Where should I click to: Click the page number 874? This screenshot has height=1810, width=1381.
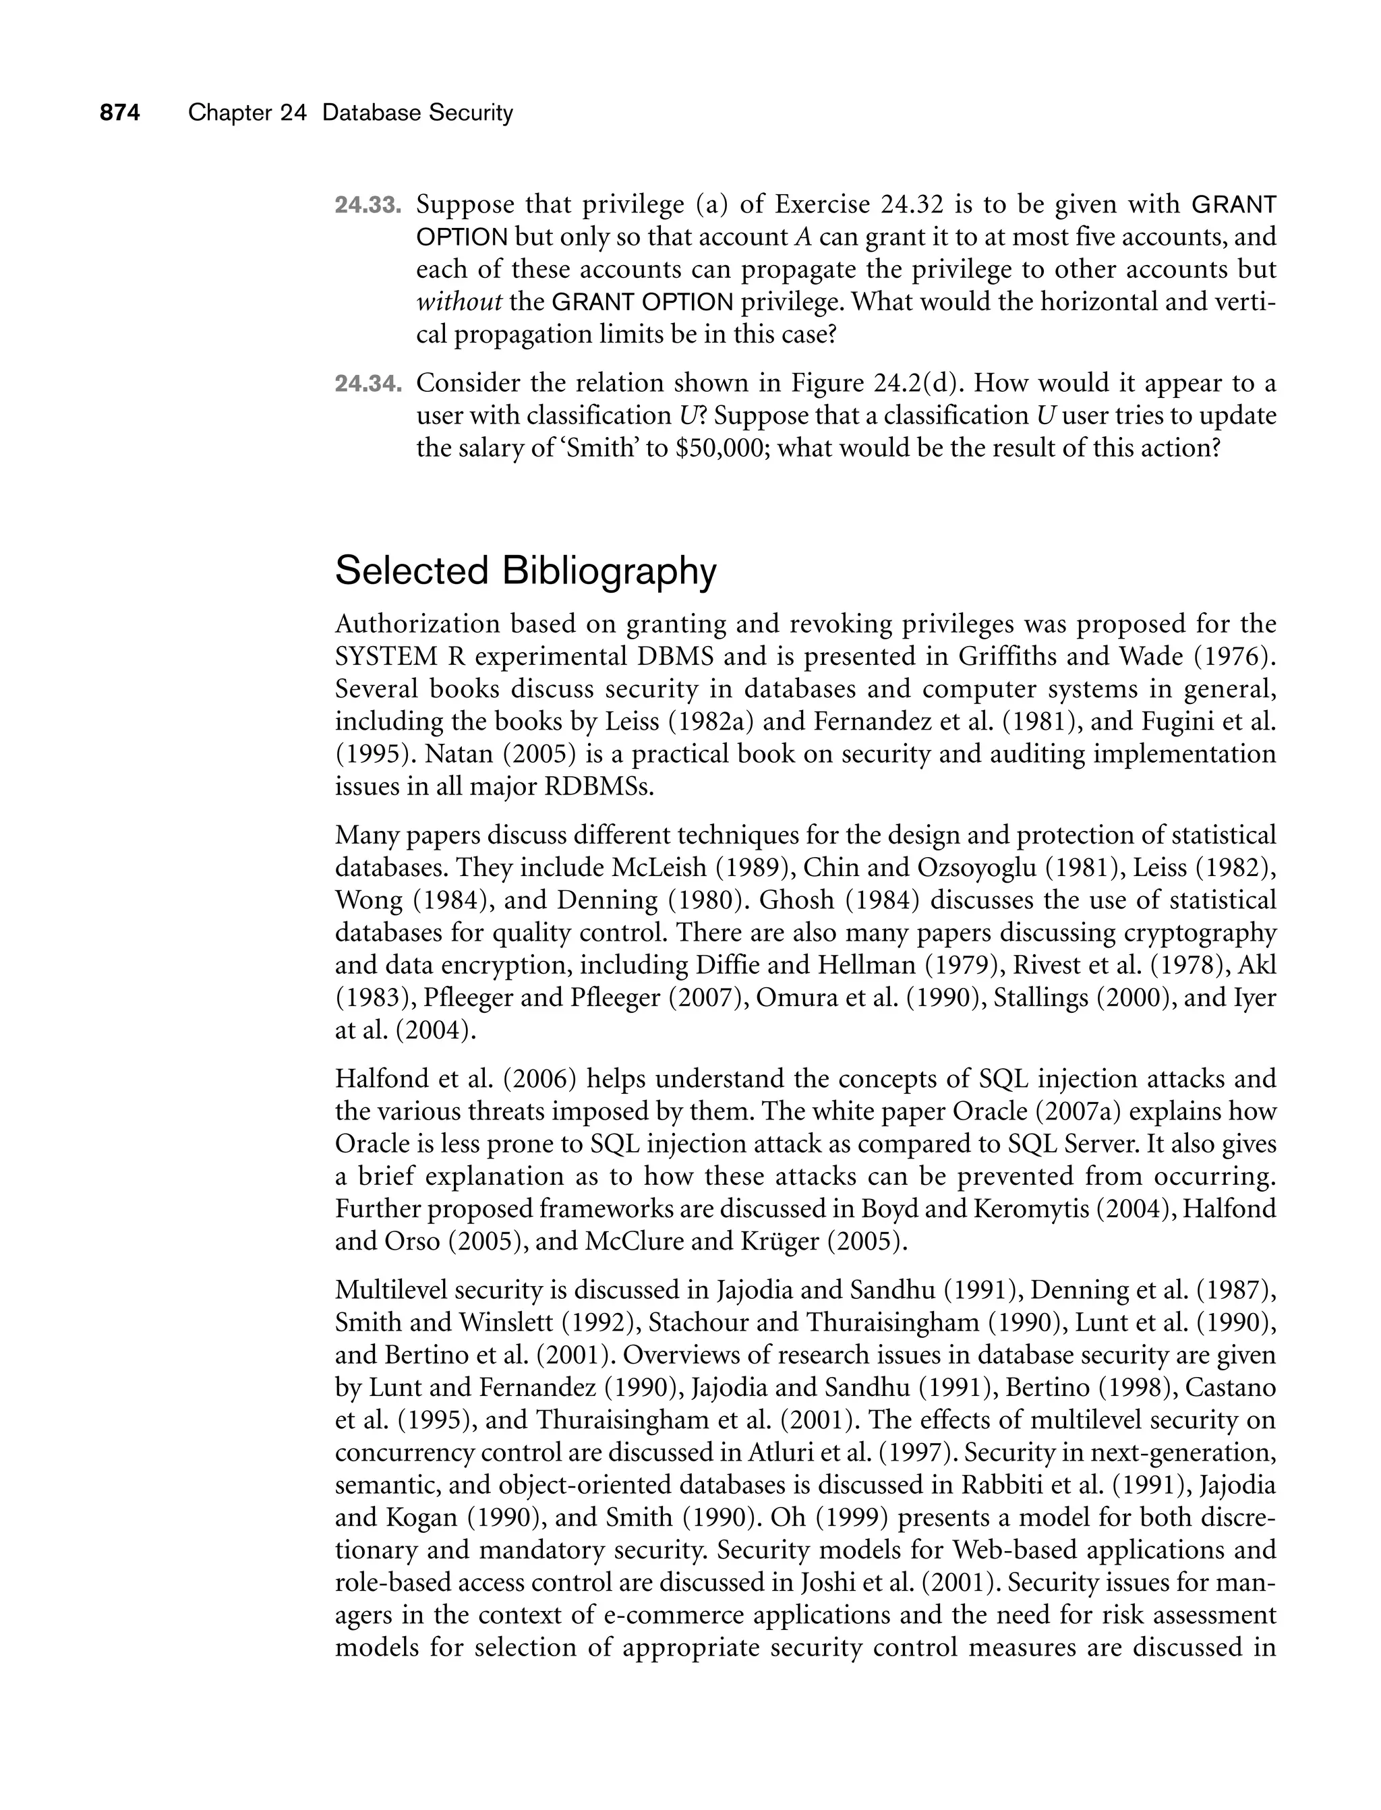120,113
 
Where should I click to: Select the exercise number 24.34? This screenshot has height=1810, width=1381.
368,384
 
